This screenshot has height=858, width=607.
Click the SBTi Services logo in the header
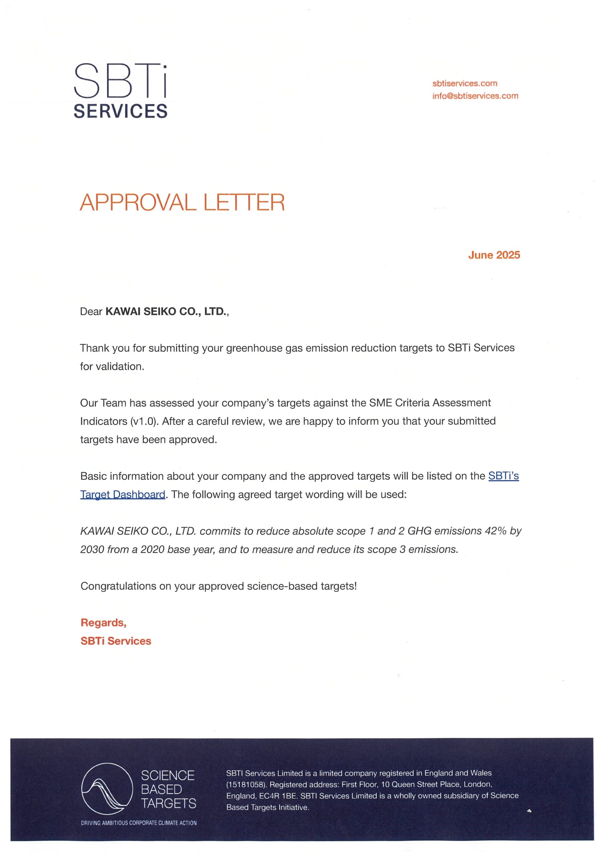tap(120, 91)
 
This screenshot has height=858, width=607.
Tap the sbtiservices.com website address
tap(465, 83)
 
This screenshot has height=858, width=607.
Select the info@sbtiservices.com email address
tap(475, 96)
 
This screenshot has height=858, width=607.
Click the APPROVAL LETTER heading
tap(182, 202)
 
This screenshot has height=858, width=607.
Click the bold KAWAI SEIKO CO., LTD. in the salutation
tap(166, 311)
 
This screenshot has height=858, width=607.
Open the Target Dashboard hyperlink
tap(123, 494)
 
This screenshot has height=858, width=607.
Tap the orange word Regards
tap(103, 623)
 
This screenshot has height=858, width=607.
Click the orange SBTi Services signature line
tap(116, 641)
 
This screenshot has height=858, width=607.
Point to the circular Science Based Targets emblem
tap(107, 789)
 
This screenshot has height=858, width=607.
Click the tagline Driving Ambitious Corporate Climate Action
tap(139, 822)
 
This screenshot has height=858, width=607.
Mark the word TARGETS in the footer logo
tap(168, 803)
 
